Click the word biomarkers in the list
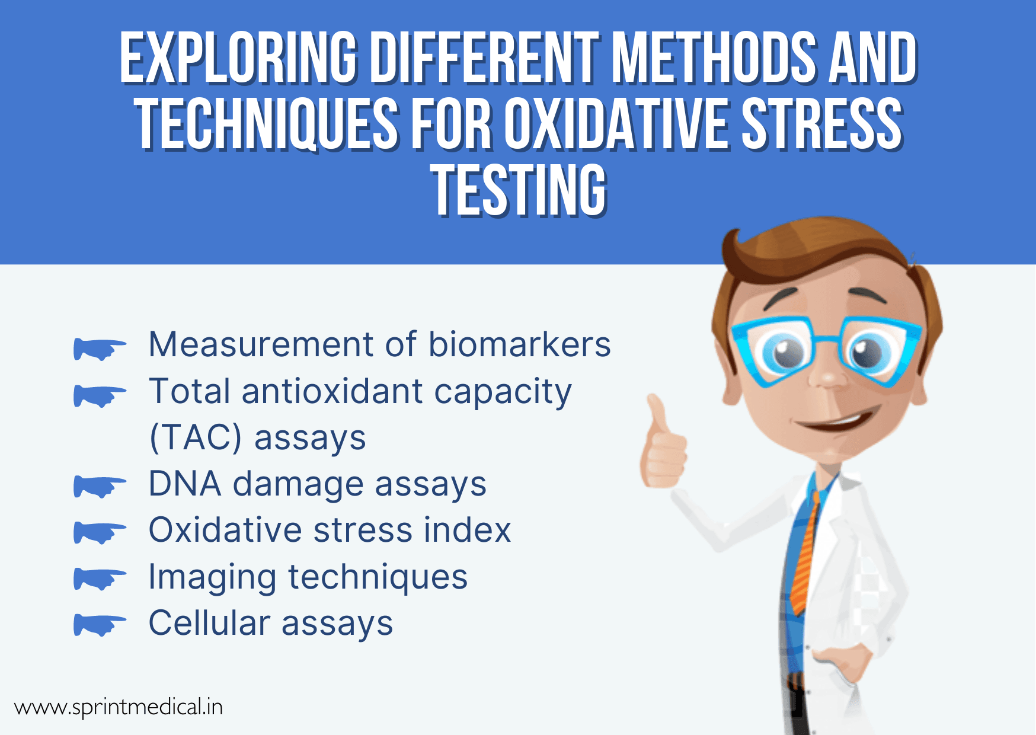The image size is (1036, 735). click(x=519, y=344)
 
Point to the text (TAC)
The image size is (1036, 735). click(x=195, y=438)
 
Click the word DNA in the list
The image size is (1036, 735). click(x=185, y=484)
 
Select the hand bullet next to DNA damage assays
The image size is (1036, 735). click(x=99, y=487)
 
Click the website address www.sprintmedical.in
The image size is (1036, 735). click(x=119, y=707)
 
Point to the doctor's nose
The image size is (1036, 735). click(x=829, y=373)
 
